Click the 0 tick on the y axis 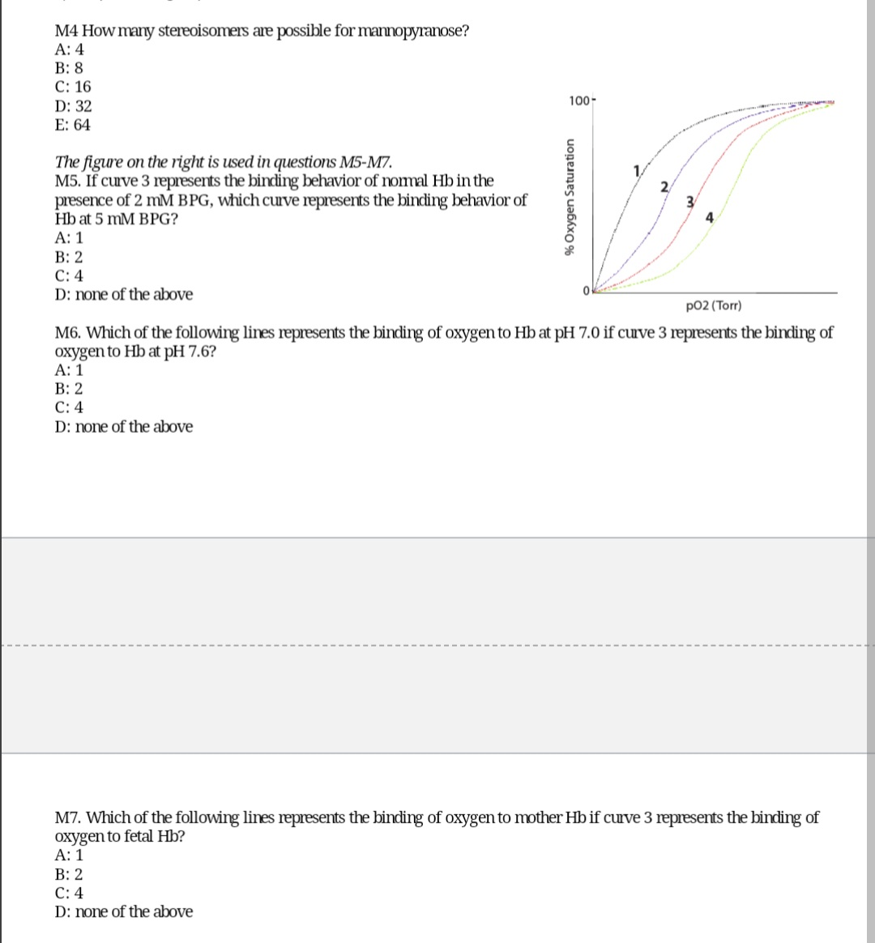point(583,292)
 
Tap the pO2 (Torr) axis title point(712,306)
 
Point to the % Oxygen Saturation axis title point(571,196)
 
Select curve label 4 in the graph point(709,216)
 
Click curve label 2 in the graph point(664,187)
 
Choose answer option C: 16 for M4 point(73,87)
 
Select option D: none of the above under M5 point(124,295)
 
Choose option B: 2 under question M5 point(69,258)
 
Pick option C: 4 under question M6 point(69,407)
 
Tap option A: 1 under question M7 point(69,855)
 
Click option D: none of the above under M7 point(124,912)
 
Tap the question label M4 point(66,32)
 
